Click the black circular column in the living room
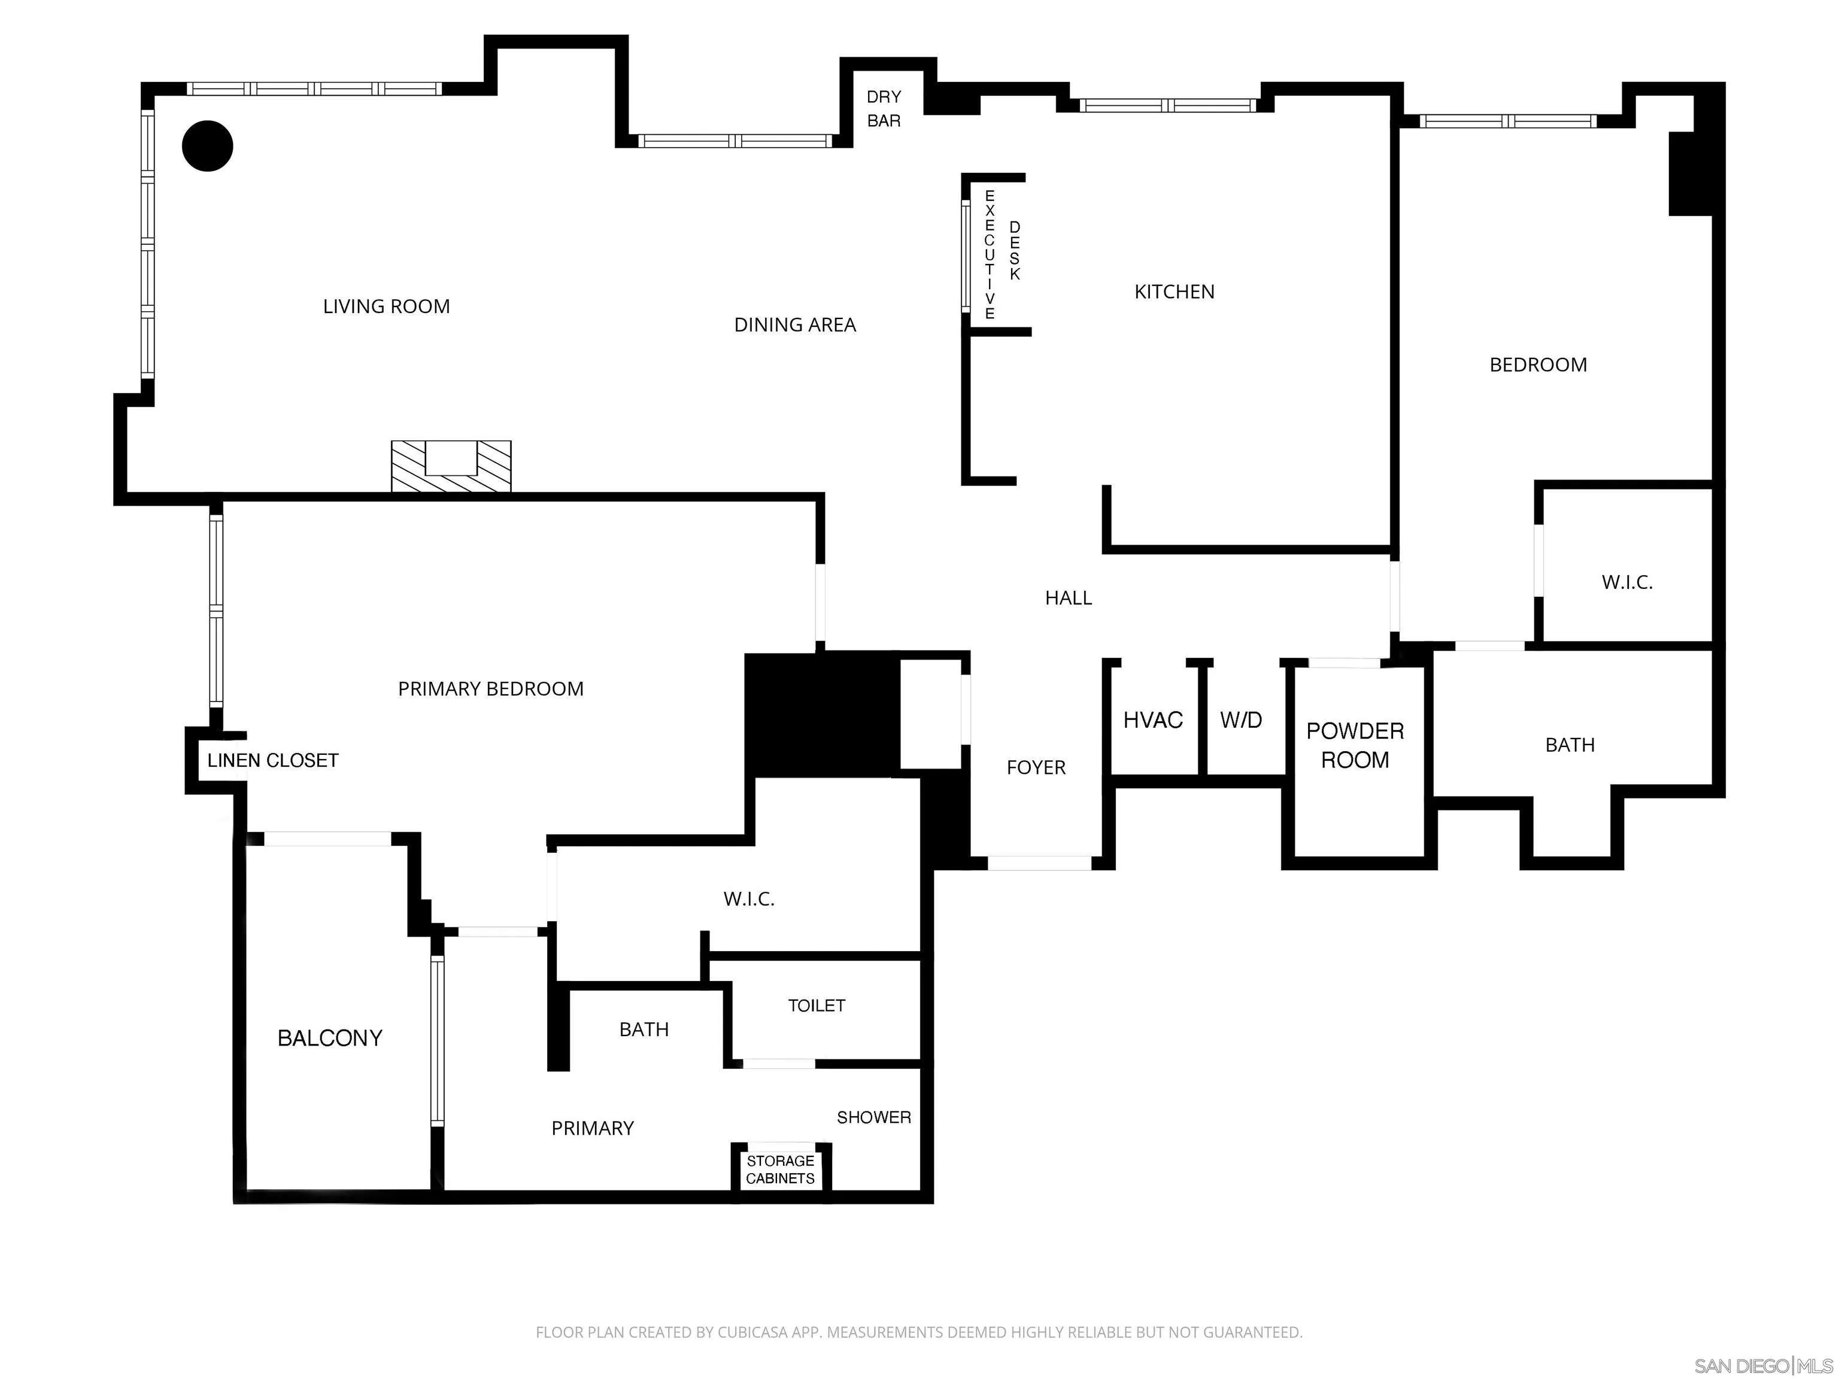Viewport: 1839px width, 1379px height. click(207, 146)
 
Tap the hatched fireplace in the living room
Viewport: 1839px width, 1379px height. click(451, 466)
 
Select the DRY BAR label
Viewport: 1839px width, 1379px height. click(883, 109)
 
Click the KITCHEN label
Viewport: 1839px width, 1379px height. click(1174, 291)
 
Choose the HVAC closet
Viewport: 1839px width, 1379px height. click(1152, 720)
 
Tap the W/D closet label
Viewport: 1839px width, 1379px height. click(1240, 720)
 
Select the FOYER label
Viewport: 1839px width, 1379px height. click(1035, 767)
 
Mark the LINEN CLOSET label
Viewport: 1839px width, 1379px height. click(273, 761)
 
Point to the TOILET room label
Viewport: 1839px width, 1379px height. click(817, 1006)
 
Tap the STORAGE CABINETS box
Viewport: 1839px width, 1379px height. click(780, 1170)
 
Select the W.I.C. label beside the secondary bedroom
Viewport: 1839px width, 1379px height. click(1627, 582)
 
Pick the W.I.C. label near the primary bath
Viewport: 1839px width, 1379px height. click(748, 898)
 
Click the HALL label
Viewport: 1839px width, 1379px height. click(1069, 598)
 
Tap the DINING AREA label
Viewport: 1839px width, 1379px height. click(795, 325)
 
